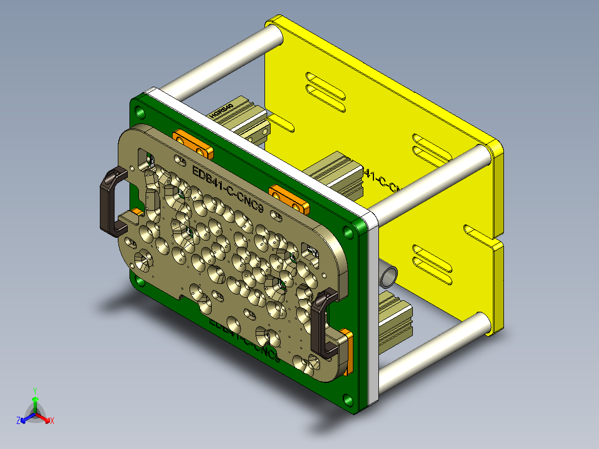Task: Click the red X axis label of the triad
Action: tap(52, 421)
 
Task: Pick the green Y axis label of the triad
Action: tap(34, 390)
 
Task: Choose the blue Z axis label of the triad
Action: tap(18, 421)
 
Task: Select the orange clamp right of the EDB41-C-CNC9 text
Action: tap(289, 199)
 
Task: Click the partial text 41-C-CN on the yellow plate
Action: tap(383, 181)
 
